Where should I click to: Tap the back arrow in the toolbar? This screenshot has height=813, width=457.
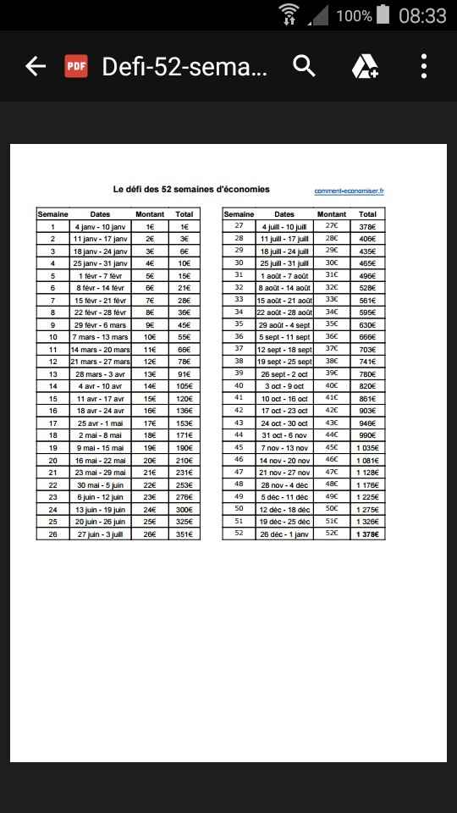pos(35,66)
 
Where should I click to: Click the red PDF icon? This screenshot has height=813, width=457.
pos(76,66)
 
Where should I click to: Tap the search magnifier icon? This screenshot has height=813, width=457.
pos(304,66)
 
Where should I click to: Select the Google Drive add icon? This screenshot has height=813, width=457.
pos(365,66)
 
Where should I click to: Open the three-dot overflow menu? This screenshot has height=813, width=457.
pos(423,66)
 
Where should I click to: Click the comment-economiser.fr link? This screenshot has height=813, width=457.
pos(349,191)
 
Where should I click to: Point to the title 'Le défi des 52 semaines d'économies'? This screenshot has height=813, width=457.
pos(191,189)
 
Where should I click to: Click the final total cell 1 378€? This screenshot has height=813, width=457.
pos(367,534)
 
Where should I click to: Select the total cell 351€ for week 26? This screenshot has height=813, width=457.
pos(184,534)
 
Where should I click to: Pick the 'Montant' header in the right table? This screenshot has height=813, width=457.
pos(332,214)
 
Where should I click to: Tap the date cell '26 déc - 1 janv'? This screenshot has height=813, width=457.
pos(284,534)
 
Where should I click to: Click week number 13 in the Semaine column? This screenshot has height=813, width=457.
pos(52,374)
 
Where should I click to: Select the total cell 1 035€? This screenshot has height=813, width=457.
pos(367,448)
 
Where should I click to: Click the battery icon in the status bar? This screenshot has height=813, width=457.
pos(383,14)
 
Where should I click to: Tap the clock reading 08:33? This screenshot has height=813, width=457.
pos(422,15)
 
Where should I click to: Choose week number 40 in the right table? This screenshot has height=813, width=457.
pos(239,386)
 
